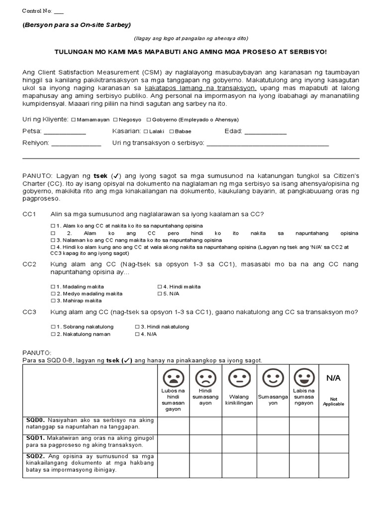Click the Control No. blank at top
coord(58,11)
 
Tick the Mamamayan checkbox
coord(73,120)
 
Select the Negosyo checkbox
coord(115,120)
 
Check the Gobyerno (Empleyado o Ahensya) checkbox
coord(148,120)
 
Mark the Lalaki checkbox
coord(146,132)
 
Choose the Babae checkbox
coord(171,132)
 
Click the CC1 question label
coord(30,214)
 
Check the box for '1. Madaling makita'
coord(53,287)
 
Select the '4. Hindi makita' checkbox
coord(160,287)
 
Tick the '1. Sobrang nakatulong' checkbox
coord(53,327)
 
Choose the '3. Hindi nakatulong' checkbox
coord(137,327)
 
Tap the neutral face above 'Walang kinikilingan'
coord(239,378)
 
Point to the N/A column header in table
coord(333,378)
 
